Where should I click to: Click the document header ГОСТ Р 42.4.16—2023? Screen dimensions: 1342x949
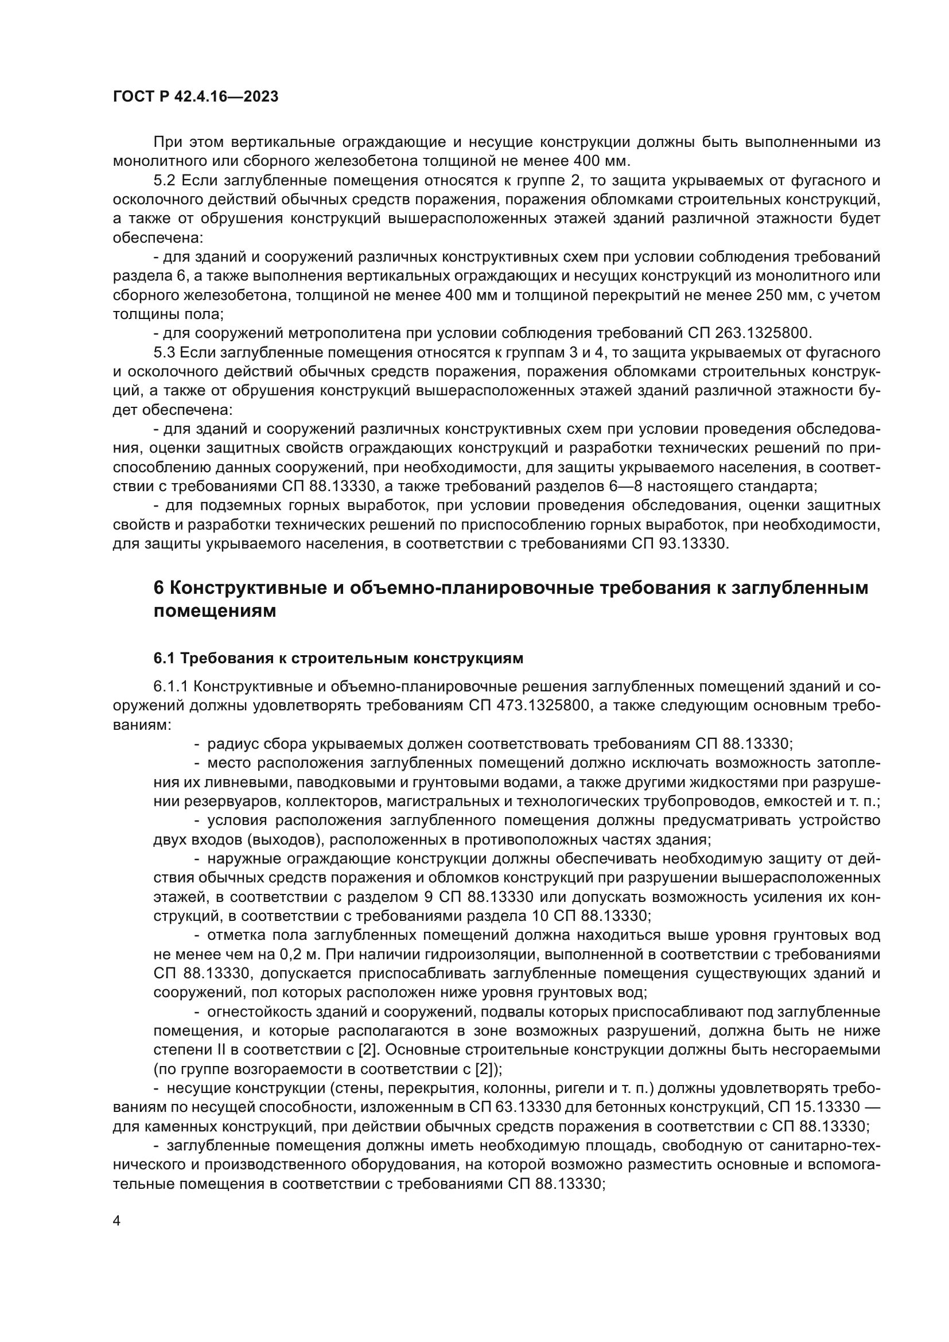click(x=196, y=97)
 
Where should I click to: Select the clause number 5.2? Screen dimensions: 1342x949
click(x=164, y=181)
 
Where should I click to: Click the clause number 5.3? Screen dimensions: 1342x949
click(x=164, y=353)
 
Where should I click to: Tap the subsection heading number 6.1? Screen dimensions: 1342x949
click(x=164, y=659)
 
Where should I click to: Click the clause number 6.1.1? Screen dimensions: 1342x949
click(x=169, y=687)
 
